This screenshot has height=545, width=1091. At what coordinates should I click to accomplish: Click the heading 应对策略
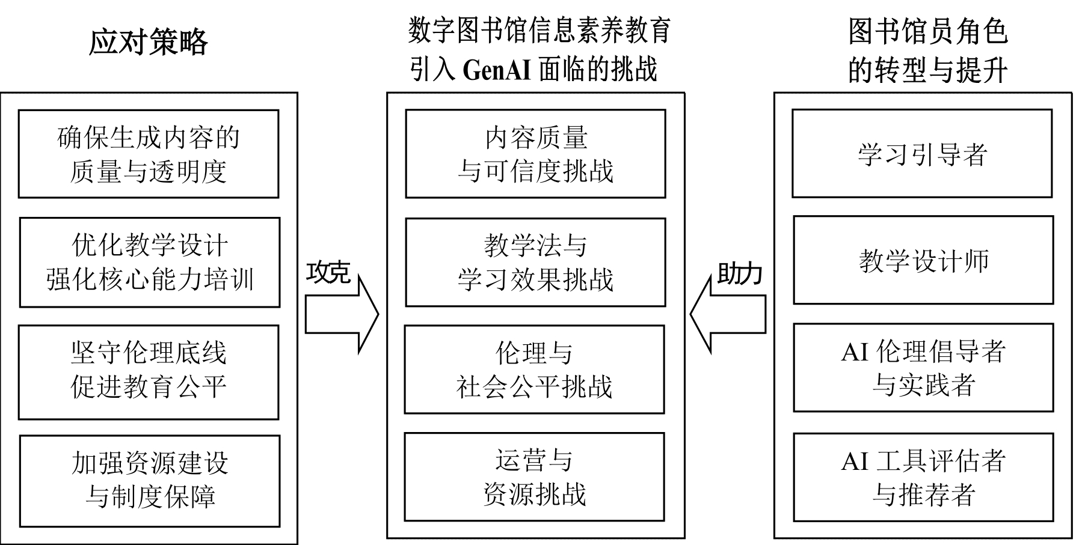(148, 43)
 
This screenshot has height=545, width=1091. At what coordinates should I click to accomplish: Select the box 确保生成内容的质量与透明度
(149, 154)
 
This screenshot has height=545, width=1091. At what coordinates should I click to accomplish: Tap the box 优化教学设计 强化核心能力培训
(150, 263)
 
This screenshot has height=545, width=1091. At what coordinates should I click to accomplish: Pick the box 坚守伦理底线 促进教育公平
(149, 372)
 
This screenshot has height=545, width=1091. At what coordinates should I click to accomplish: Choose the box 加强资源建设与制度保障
(150, 481)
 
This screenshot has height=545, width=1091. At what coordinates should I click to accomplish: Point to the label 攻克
(328, 272)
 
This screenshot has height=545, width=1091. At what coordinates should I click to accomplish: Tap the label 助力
(740, 274)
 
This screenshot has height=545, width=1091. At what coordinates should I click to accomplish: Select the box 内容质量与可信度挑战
(535, 154)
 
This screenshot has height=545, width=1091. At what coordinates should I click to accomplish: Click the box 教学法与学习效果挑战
(535, 263)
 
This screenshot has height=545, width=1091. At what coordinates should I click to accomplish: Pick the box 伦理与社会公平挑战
(534, 370)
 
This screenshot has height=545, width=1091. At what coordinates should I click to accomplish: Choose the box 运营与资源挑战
(534, 477)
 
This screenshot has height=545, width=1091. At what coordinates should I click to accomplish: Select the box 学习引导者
(922, 154)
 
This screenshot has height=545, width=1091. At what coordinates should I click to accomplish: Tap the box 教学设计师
(923, 260)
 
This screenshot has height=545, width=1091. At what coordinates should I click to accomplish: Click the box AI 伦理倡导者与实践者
(923, 368)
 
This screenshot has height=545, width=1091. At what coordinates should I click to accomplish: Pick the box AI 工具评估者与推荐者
(923, 477)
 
